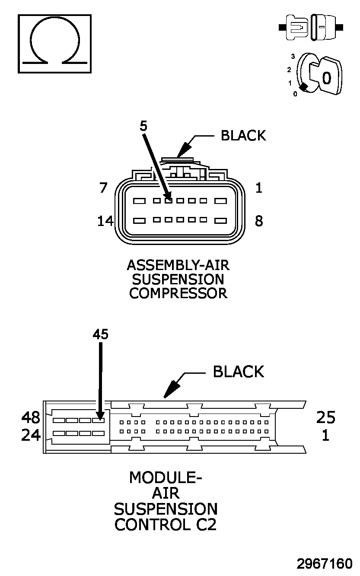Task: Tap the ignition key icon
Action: pos(319,75)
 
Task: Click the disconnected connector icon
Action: pos(311,28)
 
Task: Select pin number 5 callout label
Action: pos(143,126)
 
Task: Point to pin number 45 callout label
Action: pos(101,334)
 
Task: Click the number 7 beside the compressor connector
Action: pos(103,188)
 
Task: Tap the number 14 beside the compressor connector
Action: pos(105,221)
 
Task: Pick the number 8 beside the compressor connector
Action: pos(259,221)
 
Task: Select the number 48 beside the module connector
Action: pos(31,417)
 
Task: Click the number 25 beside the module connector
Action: pos(326,417)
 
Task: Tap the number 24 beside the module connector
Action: pos(31,435)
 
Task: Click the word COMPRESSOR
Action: pos(178,293)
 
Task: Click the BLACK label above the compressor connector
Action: pos(243,136)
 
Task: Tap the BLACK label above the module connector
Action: pos(239,372)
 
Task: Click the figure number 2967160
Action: pos(325,564)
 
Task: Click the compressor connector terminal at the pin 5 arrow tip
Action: pos(169,201)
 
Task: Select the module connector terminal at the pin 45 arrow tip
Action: pos(99,420)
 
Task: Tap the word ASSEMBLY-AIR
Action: pos(178,265)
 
